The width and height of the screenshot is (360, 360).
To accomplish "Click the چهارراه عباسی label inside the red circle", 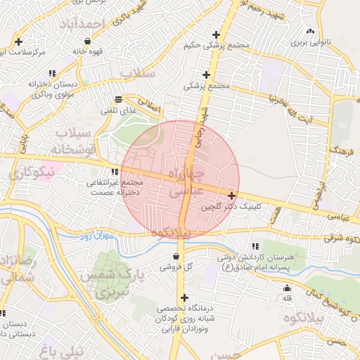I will pyautogui.click(x=186, y=181).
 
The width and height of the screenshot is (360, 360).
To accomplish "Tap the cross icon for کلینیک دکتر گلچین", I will pyautogui.click(x=232, y=195).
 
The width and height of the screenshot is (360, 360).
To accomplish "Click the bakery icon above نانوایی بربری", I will pyautogui.click(x=310, y=31).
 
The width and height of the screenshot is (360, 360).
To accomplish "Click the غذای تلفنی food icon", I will pyautogui.click(x=117, y=99).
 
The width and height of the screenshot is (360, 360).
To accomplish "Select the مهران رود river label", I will pyautogui.click(x=96, y=236).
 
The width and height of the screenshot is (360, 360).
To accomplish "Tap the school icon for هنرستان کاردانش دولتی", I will pyautogui.click(x=255, y=246).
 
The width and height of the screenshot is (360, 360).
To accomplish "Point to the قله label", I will pyautogui.click(x=287, y=299).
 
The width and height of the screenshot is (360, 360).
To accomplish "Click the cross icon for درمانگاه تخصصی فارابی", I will pyautogui.click(x=185, y=297).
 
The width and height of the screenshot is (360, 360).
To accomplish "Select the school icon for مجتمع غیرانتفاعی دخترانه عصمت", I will pyautogui.click(x=114, y=172).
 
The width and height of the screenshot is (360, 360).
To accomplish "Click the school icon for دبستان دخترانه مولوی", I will pyautogui.click(x=52, y=73).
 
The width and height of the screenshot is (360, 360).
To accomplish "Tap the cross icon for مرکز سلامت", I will pyautogui.click(x=18, y=41).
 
